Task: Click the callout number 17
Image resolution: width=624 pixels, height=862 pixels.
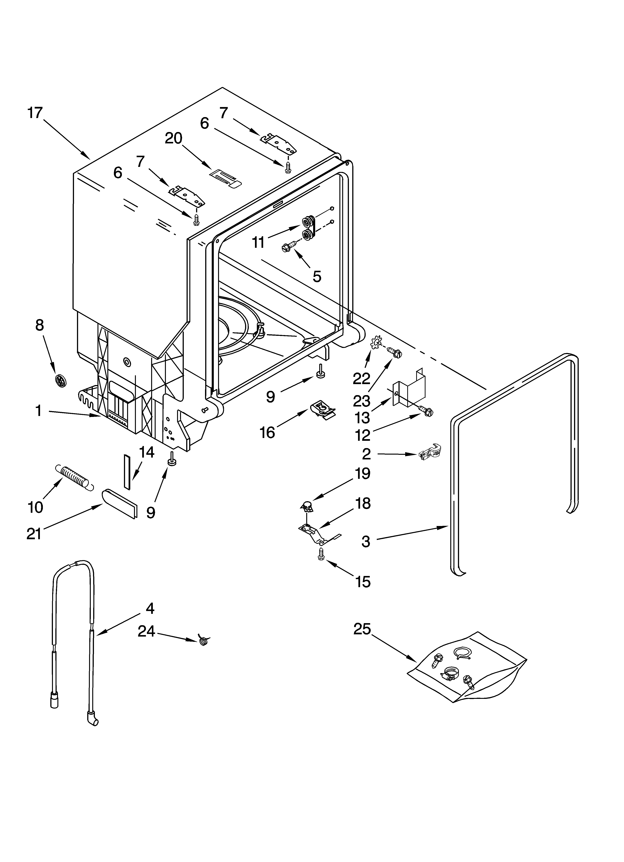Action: coord(35,113)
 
